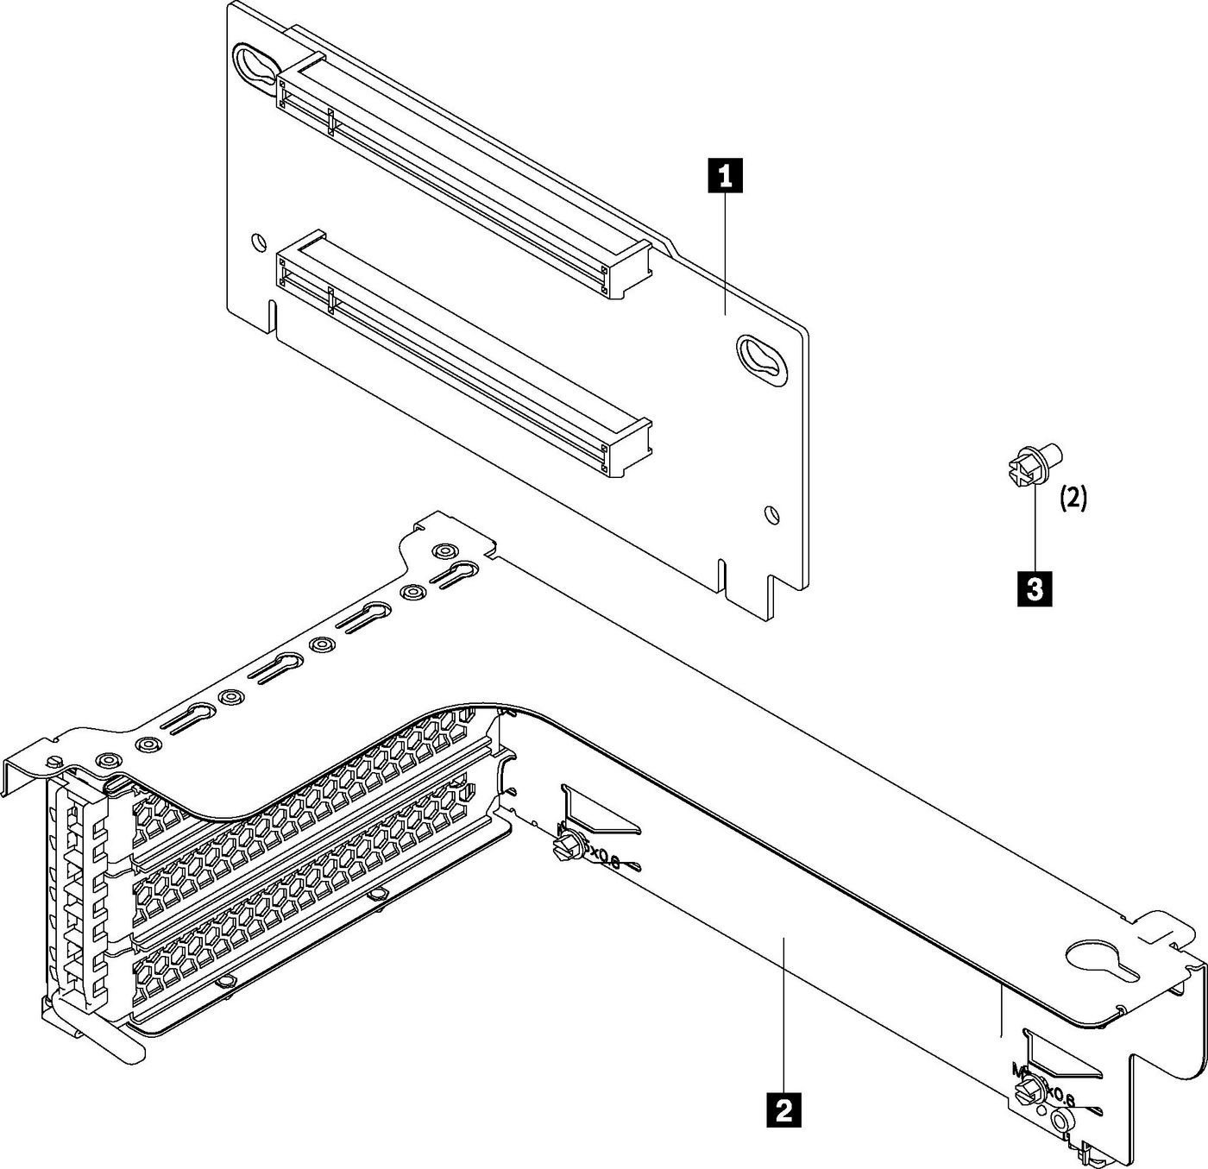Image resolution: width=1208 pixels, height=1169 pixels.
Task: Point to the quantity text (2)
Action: [x=1073, y=498]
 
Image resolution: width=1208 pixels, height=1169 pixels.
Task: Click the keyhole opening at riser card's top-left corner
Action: [x=256, y=66]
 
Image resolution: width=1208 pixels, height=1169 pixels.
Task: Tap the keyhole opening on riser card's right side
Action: [x=762, y=355]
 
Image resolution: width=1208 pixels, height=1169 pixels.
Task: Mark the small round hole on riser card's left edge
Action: [x=255, y=242]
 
